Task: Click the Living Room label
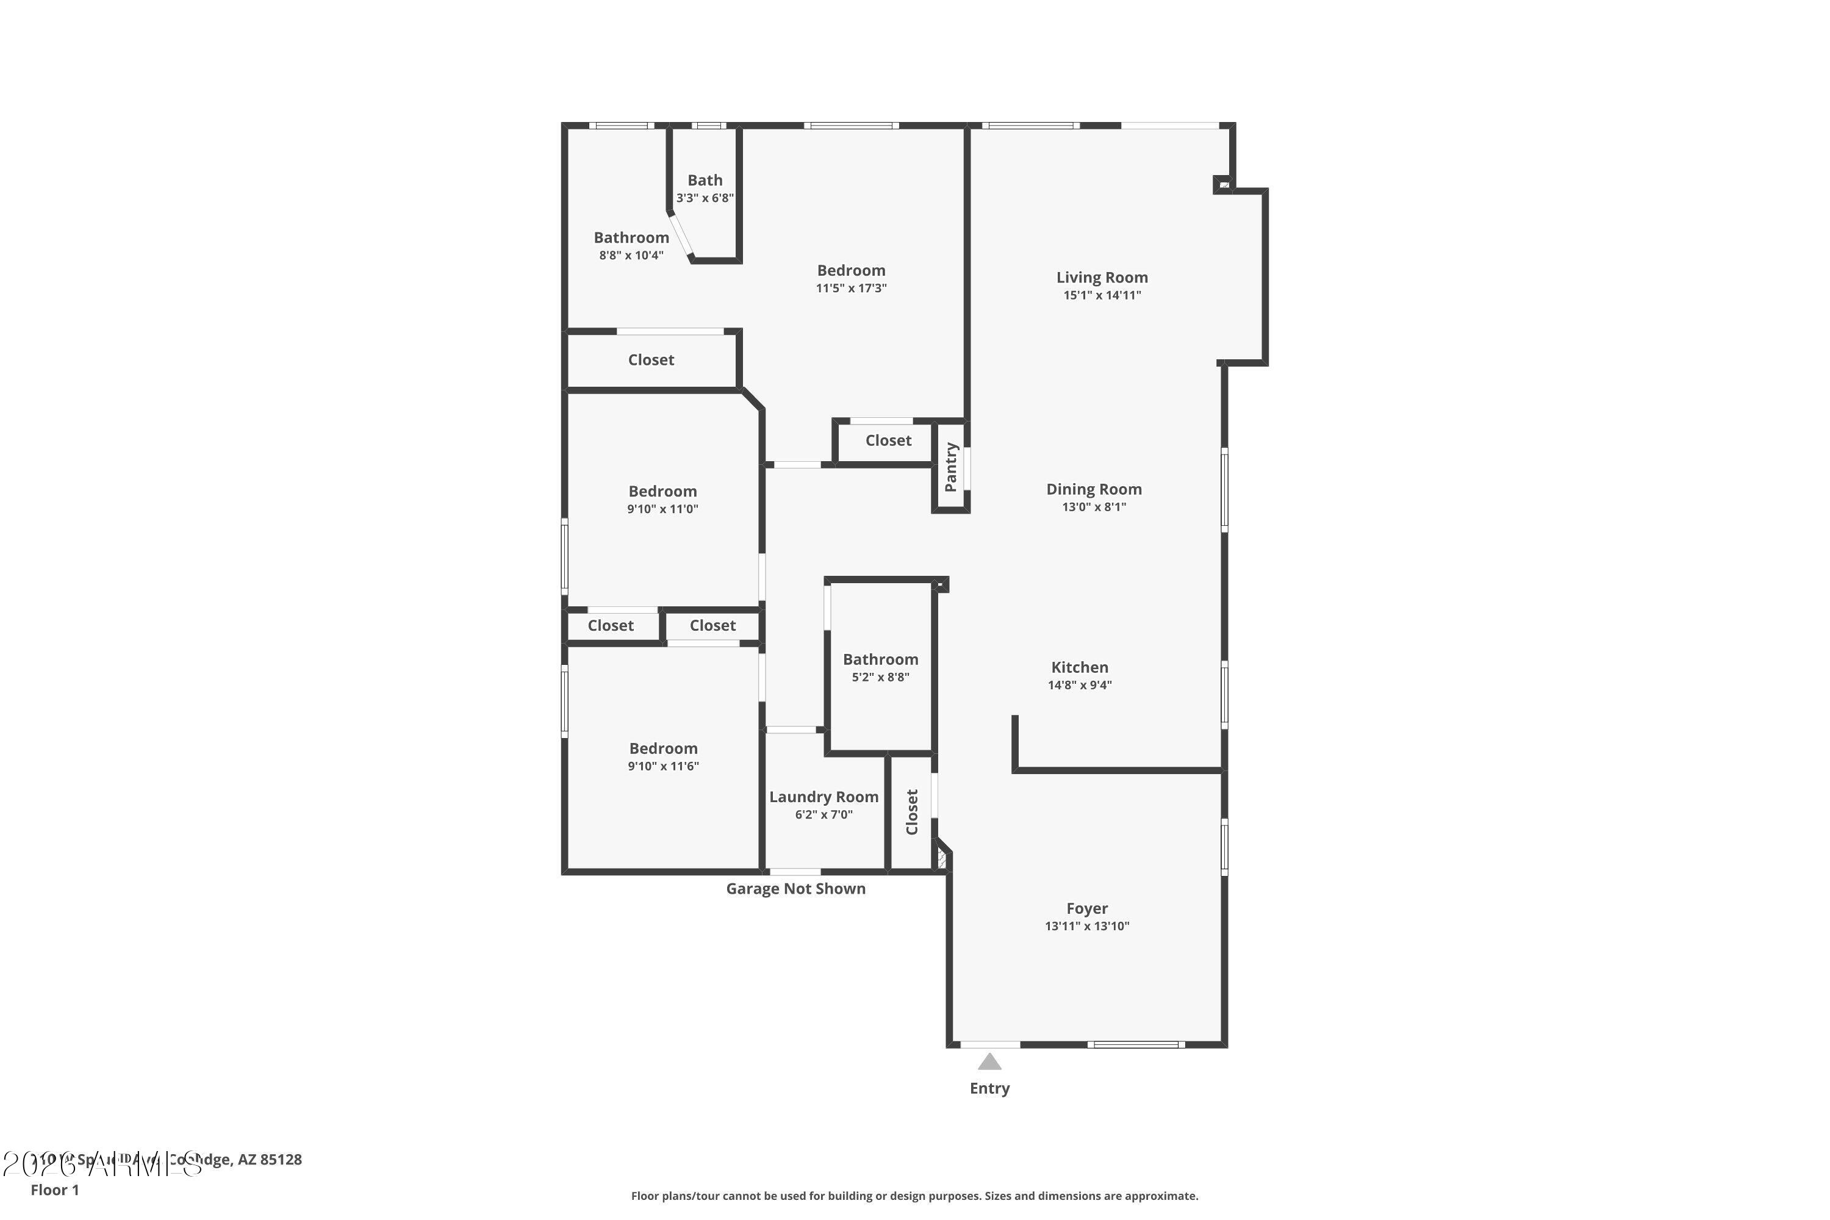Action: click(x=1102, y=278)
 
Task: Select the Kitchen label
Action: click(x=1079, y=667)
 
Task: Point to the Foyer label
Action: click(x=1087, y=909)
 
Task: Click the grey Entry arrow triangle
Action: click(x=989, y=1062)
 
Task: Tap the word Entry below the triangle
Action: click(x=989, y=1088)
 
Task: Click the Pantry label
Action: click(x=951, y=467)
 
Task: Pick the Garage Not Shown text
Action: click(x=795, y=889)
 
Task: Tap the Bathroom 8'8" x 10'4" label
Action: click(x=631, y=238)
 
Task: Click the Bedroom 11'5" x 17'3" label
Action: click(x=850, y=271)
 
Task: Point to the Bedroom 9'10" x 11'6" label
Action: click(x=663, y=748)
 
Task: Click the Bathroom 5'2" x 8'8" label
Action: click(x=880, y=660)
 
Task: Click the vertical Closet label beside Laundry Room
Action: click(x=912, y=811)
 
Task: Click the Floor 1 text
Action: click(x=54, y=1189)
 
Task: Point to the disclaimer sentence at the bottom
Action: click(x=914, y=1196)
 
